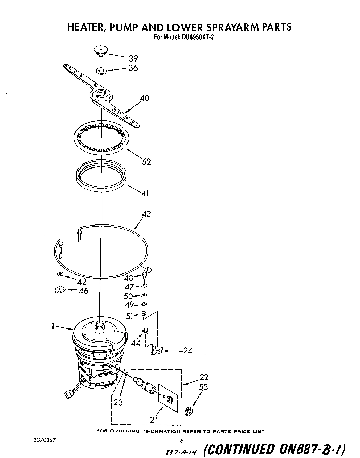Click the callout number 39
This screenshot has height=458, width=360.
point(133,58)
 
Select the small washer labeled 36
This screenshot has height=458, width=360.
point(101,71)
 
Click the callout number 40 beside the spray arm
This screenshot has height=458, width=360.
point(145,98)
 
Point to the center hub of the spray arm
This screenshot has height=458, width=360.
point(101,93)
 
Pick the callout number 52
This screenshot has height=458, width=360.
point(147,162)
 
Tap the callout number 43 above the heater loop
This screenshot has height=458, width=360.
point(147,214)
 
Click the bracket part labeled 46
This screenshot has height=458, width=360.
point(60,290)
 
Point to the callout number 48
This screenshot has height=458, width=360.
point(129,278)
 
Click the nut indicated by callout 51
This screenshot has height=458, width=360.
point(143,314)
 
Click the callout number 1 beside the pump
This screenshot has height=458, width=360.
point(53,326)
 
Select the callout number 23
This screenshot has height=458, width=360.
point(118,402)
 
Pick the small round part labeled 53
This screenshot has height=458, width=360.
point(188,411)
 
